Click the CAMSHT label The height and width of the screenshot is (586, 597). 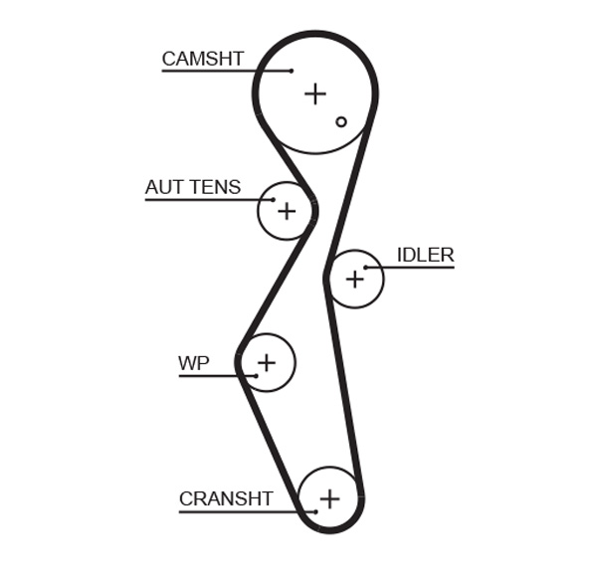(202, 59)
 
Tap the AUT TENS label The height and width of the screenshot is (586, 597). (192, 187)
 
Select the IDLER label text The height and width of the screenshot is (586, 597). (425, 255)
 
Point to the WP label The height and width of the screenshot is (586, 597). (193, 363)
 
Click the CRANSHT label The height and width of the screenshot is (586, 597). (225, 498)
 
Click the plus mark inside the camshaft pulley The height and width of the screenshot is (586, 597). (314, 94)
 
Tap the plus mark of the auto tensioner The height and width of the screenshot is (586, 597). (287, 211)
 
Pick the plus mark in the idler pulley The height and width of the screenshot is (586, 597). (354, 280)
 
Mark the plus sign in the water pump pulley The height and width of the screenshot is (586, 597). (266, 362)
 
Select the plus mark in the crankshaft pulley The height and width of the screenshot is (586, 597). (329, 498)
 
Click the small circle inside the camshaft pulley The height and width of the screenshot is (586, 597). (340, 121)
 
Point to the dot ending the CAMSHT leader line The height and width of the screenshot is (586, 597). (291, 71)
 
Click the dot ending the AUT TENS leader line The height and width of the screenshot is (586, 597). (273, 200)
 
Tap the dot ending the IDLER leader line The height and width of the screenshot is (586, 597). (366, 268)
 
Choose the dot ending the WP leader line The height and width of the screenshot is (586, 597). (256, 375)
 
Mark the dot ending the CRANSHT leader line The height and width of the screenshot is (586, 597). (315, 511)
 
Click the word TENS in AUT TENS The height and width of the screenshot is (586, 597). (215, 187)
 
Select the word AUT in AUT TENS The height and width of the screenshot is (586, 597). (163, 187)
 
